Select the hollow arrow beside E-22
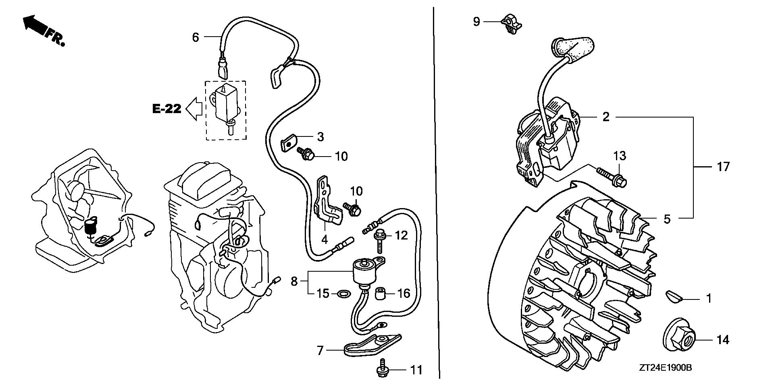pos(194,109)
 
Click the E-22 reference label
pos(166,109)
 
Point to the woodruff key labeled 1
pos(673,296)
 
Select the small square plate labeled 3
pos(289,141)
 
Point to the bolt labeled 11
pos(381,370)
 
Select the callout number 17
pos(723,167)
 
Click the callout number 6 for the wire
pos(196,37)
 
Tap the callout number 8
pos(294,281)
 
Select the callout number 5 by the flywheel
pos(667,219)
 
